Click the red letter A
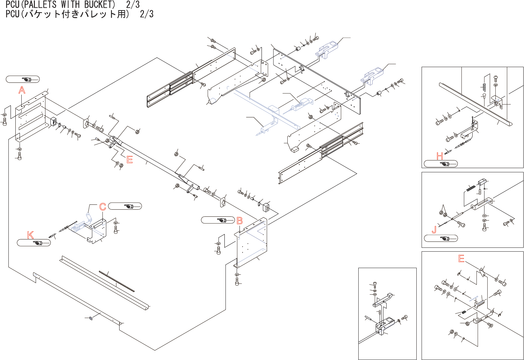coord(22,90)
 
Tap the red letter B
coord(239,221)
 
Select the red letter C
coord(102,207)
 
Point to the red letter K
coord(30,235)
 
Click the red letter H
coord(439,156)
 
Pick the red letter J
coord(434,230)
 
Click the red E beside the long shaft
coord(129,160)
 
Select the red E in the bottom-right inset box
coord(461,259)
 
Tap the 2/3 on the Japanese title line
coord(146,14)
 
